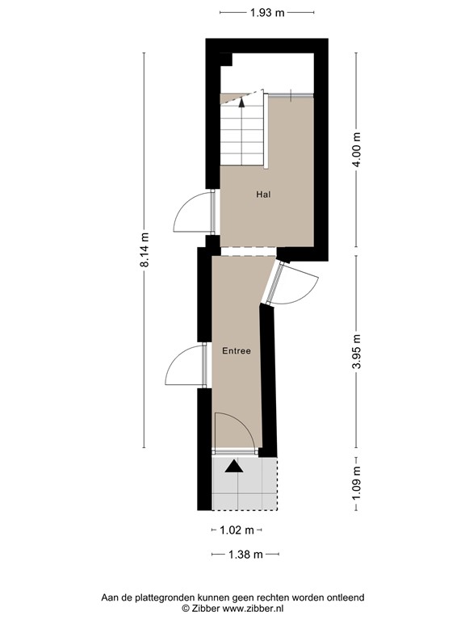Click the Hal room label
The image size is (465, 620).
(x=263, y=194)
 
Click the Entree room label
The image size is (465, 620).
(x=237, y=350)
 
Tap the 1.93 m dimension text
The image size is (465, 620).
(x=267, y=13)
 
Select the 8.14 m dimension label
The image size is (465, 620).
(x=145, y=249)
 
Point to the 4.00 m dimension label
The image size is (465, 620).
(x=357, y=149)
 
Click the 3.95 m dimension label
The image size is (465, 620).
(x=357, y=351)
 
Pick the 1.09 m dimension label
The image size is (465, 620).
(x=357, y=484)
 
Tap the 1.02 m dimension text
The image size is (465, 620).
(x=237, y=530)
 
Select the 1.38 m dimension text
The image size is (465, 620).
(x=245, y=555)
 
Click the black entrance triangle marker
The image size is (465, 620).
(x=234, y=467)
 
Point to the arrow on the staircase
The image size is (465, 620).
(x=241, y=103)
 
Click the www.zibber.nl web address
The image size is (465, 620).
(x=253, y=609)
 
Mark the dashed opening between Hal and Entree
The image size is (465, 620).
(x=248, y=252)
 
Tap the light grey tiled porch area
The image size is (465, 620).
(x=245, y=484)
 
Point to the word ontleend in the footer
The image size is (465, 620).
(x=346, y=597)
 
